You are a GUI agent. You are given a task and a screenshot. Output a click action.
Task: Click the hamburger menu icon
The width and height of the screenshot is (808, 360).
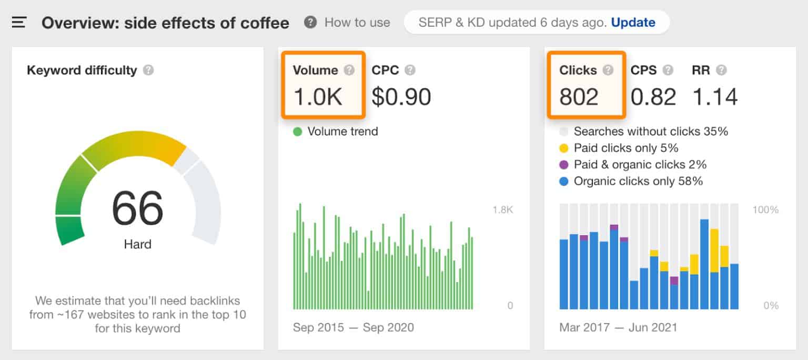point(19,23)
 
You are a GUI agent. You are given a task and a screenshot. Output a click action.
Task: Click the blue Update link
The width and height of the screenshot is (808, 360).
point(633,23)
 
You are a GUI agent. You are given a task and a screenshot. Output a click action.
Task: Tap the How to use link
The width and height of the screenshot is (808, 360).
point(357,23)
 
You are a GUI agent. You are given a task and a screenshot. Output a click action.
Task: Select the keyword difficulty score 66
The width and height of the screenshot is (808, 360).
point(138,208)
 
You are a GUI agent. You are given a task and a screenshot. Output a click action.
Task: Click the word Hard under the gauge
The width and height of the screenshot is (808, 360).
point(138,244)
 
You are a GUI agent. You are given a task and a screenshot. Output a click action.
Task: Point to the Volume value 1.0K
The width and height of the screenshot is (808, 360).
point(318,97)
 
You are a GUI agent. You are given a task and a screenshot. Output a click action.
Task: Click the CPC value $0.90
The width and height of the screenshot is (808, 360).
point(401,97)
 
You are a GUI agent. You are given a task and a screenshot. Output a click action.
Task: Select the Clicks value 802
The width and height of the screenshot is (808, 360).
point(579,97)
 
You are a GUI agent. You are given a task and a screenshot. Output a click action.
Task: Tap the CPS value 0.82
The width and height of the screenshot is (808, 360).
point(653,97)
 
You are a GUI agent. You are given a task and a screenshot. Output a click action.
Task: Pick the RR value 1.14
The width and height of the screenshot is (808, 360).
point(715,97)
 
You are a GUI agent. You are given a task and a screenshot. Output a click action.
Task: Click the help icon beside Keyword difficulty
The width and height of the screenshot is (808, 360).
point(148,70)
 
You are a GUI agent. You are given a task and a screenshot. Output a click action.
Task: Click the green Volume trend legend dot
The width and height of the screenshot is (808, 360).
point(298,132)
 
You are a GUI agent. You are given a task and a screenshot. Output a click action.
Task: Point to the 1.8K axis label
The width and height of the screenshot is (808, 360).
point(502,210)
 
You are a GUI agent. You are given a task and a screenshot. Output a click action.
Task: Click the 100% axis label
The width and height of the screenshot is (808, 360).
point(765,210)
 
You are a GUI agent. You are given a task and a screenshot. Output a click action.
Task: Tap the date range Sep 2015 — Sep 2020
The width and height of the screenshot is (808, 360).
point(353,327)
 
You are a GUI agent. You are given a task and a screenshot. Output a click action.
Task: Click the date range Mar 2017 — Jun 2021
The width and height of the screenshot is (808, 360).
point(618,327)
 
